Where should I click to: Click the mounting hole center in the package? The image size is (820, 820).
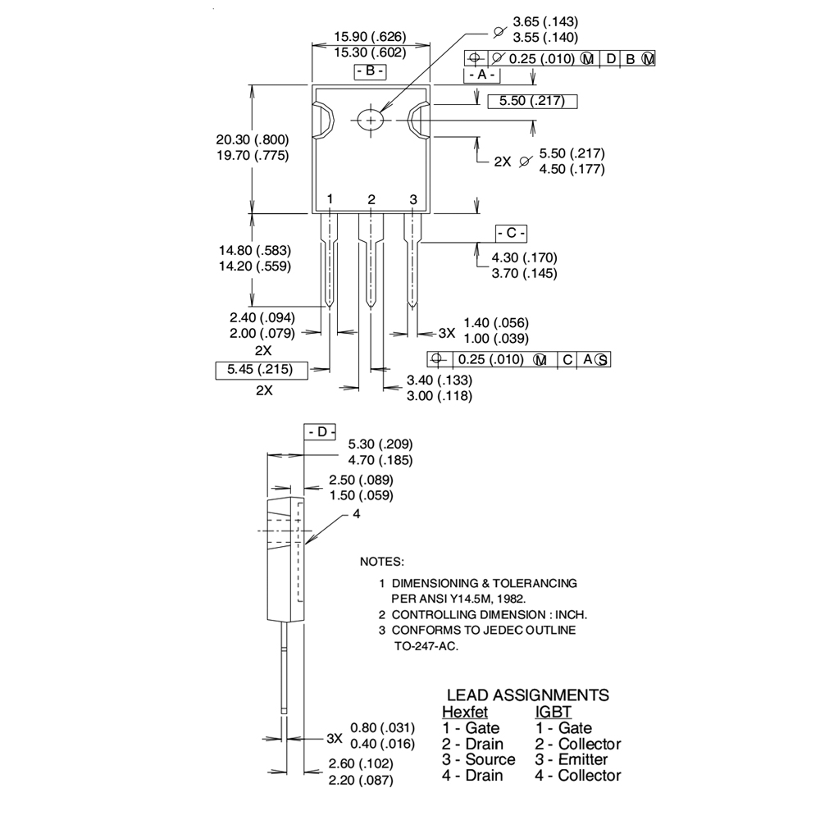point(371,120)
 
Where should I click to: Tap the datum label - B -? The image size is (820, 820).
point(370,71)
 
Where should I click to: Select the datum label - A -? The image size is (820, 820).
point(481,75)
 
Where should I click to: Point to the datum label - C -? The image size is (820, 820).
point(511,233)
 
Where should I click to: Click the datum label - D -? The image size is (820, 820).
point(321,432)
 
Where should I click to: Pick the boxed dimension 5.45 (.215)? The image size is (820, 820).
point(264,370)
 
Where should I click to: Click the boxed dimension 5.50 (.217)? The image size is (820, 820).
point(532,102)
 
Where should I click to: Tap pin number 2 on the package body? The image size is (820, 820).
point(371,199)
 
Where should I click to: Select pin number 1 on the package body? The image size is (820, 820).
point(330,199)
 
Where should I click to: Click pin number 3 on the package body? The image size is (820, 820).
point(413,199)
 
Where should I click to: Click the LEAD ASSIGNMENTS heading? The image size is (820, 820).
point(527,695)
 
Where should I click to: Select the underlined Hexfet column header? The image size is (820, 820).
point(465,712)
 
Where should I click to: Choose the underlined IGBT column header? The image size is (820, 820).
point(553,712)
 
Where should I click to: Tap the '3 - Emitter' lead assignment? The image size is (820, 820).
point(572,759)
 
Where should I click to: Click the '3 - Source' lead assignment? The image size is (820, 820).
point(479,759)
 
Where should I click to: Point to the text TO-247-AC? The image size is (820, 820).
point(426,646)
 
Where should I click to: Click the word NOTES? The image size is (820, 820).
point(382,563)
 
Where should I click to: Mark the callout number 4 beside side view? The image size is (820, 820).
point(357,514)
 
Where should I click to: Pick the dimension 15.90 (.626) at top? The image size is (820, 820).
point(370,37)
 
